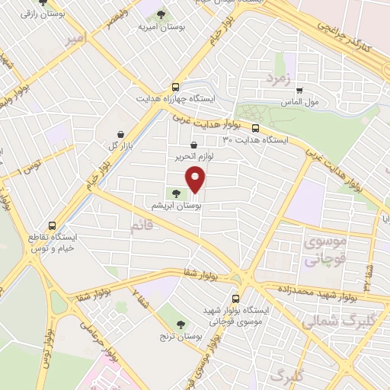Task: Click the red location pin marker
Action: tap(197, 178)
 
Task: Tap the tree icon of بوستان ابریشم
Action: tap(176, 194)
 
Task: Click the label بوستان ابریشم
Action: tap(176, 206)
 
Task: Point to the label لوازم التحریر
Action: tap(193, 156)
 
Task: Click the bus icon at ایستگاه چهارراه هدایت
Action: tap(176, 87)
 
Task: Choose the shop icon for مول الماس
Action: tap(299, 90)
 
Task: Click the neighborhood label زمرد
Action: tap(278, 78)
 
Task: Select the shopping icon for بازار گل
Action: tap(121, 133)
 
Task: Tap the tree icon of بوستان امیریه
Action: tap(161, 13)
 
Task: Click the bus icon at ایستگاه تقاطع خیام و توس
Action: tap(52, 225)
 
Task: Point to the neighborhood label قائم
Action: tap(142, 226)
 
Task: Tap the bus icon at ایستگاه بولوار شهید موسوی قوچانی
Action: tap(235, 299)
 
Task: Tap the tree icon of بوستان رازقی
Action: tap(41, 2)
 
